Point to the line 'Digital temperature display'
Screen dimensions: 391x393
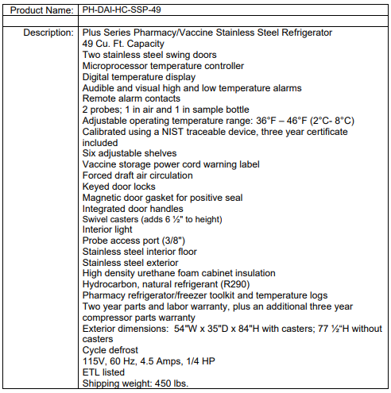(139, 77)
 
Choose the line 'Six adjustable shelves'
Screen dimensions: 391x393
(130, 153)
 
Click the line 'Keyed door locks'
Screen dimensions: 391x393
(119, 187)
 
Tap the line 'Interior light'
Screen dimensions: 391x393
(110, 229)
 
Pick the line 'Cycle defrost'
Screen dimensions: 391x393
(110, 350)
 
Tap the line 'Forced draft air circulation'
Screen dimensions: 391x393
(137, 175)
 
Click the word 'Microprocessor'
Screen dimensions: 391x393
(116, 66)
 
